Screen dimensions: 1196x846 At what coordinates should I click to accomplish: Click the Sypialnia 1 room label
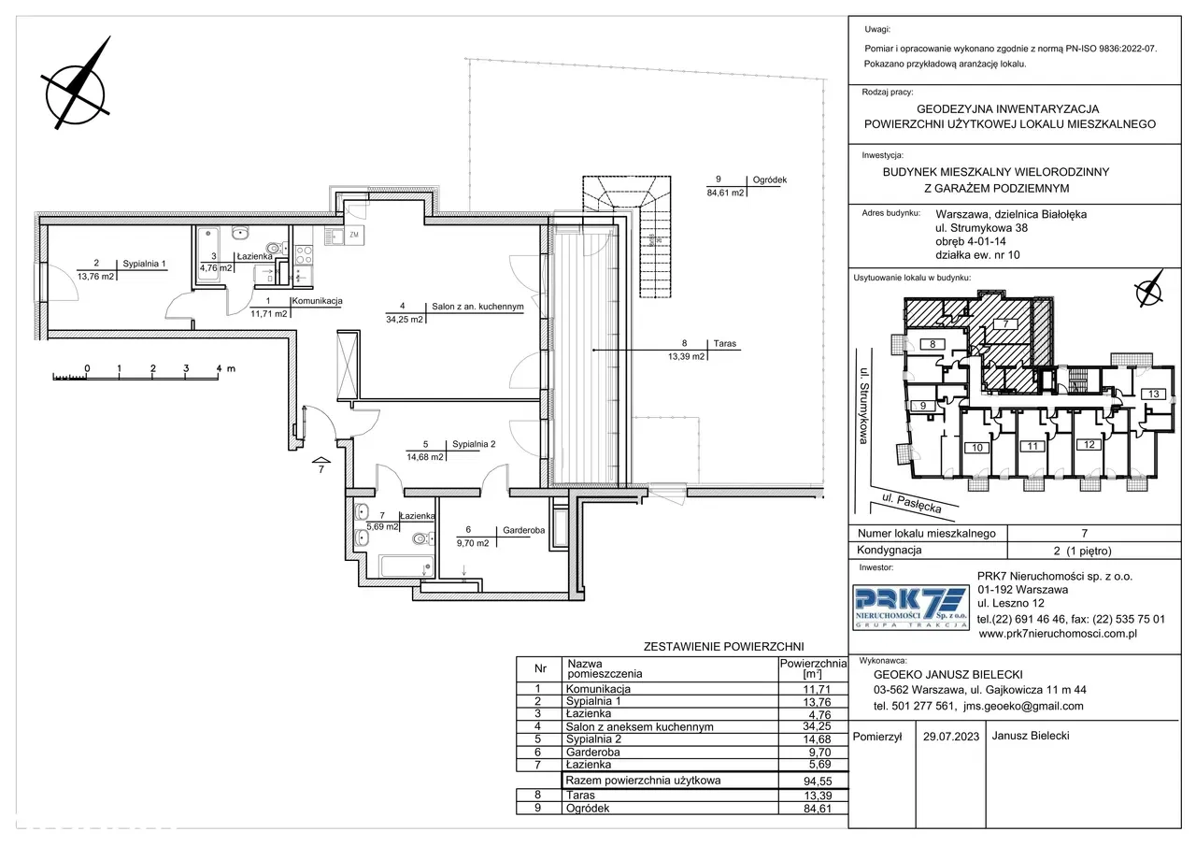(144, 264)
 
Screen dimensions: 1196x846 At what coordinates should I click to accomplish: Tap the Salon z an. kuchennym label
(477, 307)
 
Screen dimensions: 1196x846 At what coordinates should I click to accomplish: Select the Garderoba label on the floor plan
(523, 530)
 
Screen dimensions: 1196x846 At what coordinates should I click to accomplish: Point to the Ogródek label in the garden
(769, 180)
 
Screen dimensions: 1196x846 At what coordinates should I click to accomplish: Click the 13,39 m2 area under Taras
(686, 356)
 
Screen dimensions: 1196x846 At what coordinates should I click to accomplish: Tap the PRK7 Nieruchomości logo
(911, 608)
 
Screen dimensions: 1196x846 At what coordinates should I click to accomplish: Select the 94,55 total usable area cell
(818, 781)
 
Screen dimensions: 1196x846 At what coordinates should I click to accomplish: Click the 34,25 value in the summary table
(817, 726)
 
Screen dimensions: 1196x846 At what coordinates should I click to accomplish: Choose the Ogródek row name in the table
(588, 808)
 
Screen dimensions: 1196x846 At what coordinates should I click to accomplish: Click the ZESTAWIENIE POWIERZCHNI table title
(723, 647)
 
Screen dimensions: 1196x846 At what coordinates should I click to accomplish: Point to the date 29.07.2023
(951, 737)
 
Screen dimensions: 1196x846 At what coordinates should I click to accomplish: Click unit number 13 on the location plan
(1153, 394)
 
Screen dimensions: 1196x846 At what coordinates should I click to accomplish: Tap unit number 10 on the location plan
(977, 448)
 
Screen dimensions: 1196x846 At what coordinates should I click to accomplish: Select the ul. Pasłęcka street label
(911, 503)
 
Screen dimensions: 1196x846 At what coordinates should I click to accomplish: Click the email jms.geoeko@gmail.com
(1023, 706)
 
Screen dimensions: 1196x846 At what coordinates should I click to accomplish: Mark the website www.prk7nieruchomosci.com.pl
(1058, 634)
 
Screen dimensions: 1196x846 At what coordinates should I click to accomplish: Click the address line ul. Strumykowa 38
(981, 228)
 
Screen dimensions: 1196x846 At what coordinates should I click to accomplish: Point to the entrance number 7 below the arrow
(320, 469)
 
